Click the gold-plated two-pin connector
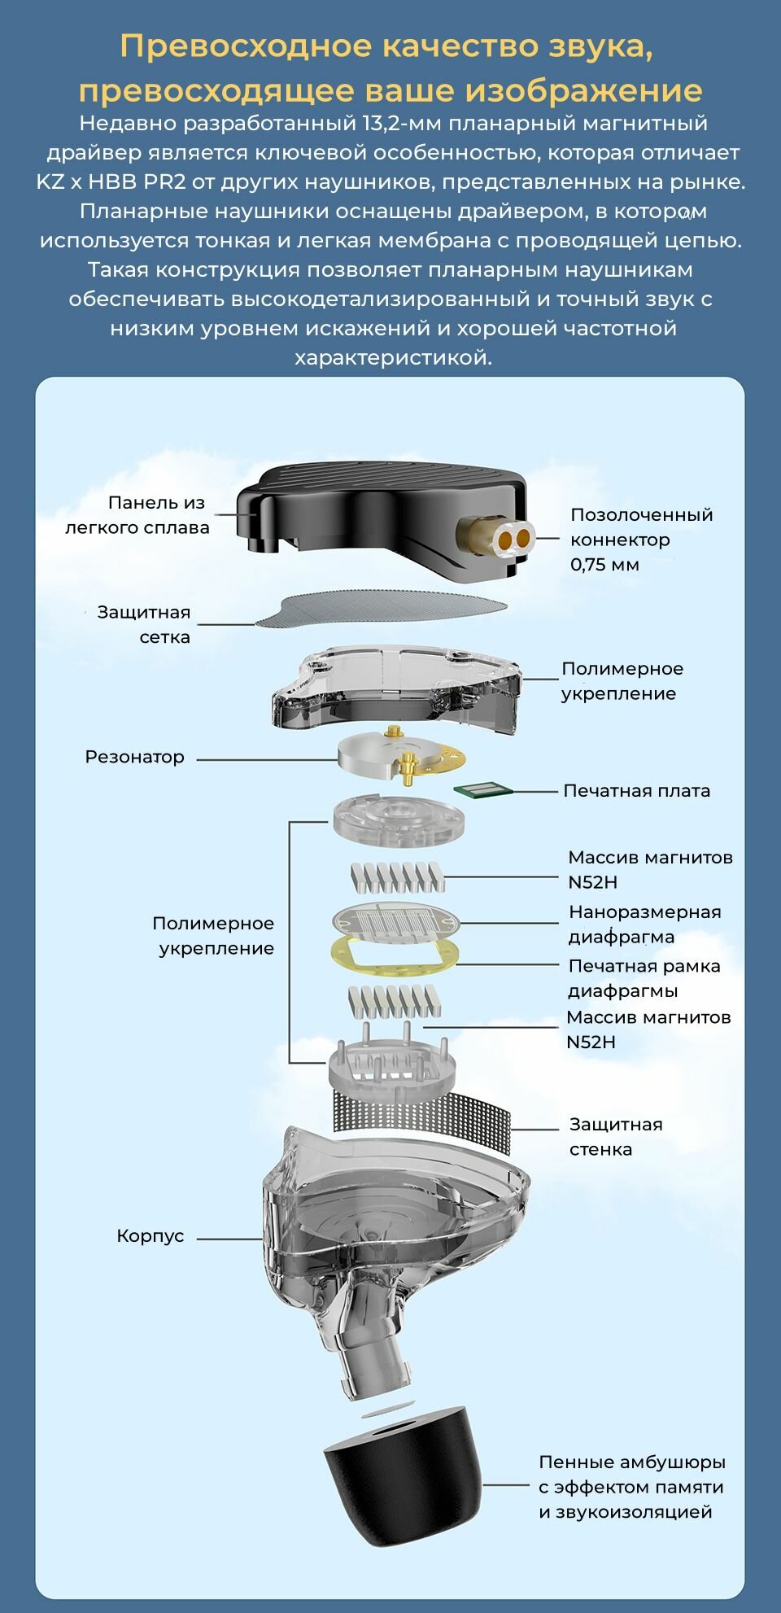(x=514, y=538)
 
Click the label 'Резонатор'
(x=135, y=757)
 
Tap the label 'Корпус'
(x=151, y=1236)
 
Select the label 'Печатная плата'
(x=636, y=791)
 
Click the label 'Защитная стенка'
(x=616, y=1137)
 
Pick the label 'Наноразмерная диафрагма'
(x=644, y=925)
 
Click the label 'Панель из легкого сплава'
(x=138, y=515)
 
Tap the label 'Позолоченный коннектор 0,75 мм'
(x=641, y=540)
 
